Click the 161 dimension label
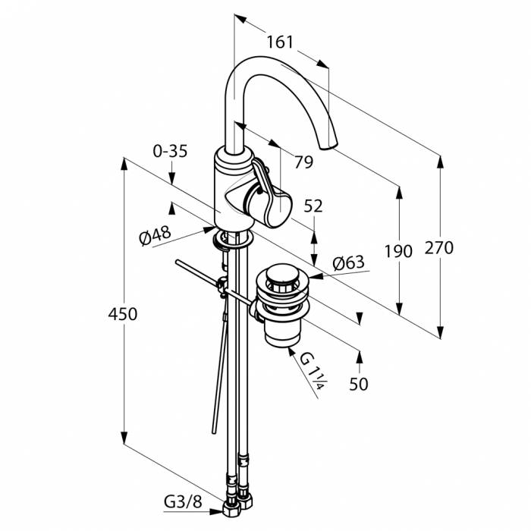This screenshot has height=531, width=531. click(281, 42)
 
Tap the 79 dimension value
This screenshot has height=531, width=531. click(303, 162)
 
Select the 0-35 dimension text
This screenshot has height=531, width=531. click(169, 151)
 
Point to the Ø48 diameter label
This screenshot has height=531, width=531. click(155, 237)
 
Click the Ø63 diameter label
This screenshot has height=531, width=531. click(349, 263)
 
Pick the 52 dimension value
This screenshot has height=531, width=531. click(313, 206)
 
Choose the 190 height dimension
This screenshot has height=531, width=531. click(399, 251)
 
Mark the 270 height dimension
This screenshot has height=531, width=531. click(439, 247)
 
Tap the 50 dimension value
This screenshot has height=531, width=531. click(359, 385)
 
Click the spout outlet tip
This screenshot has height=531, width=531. click(328, 144)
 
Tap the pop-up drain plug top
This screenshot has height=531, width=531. click(284, 275)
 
